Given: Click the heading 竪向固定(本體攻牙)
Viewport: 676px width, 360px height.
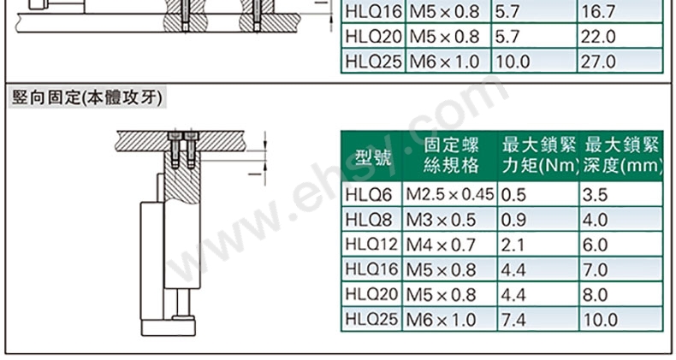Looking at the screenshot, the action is point(87,97).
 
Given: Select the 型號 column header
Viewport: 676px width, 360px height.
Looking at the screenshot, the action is point(372,157).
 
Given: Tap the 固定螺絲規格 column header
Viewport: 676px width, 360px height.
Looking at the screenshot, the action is point(450,156).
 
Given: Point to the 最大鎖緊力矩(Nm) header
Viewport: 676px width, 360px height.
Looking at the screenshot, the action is point(539,156).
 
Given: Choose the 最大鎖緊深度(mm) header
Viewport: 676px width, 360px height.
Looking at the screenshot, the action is point(622,156).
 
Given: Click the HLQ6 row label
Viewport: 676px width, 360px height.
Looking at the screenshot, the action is point(368,195).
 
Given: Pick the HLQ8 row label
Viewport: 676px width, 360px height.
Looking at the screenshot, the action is point(368,220).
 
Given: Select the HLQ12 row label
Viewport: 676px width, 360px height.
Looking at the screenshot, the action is point(371,245).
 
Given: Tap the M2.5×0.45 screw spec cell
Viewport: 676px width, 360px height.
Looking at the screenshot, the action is point(449,195).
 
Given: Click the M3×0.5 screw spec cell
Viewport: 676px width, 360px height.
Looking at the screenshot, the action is point(441,220).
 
